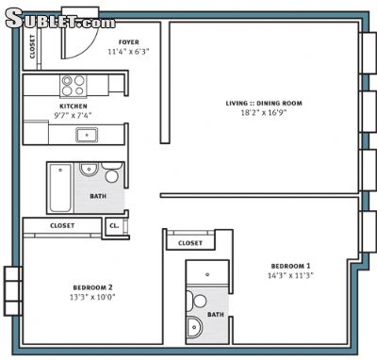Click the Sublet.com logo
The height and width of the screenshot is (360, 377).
point(60,19)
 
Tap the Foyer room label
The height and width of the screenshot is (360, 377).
point(129,42)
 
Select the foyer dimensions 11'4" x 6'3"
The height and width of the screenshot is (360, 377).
point(128,52)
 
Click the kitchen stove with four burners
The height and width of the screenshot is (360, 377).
point(74,86)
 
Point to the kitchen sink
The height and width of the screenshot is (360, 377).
point(87,135)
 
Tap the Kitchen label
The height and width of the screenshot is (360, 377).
point(74,106)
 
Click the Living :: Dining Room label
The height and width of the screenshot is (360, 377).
point(264,104)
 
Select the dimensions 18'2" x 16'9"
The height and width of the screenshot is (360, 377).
point(264,113)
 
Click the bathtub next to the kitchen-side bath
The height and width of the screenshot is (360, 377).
point(60,188)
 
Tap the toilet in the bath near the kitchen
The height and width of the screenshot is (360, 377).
point(111,172)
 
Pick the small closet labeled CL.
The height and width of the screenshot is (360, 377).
point(114,226)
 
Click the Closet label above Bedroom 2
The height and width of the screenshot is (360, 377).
point(62,225)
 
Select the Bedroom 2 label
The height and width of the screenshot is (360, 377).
point(92,287)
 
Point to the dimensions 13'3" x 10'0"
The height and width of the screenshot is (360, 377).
point(92,297)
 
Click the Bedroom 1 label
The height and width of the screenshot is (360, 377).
point(290,266)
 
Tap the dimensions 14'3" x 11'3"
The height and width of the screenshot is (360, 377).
point(290,275)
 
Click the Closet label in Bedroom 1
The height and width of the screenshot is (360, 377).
point(190,243)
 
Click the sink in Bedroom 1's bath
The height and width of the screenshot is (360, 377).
point(195,327)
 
